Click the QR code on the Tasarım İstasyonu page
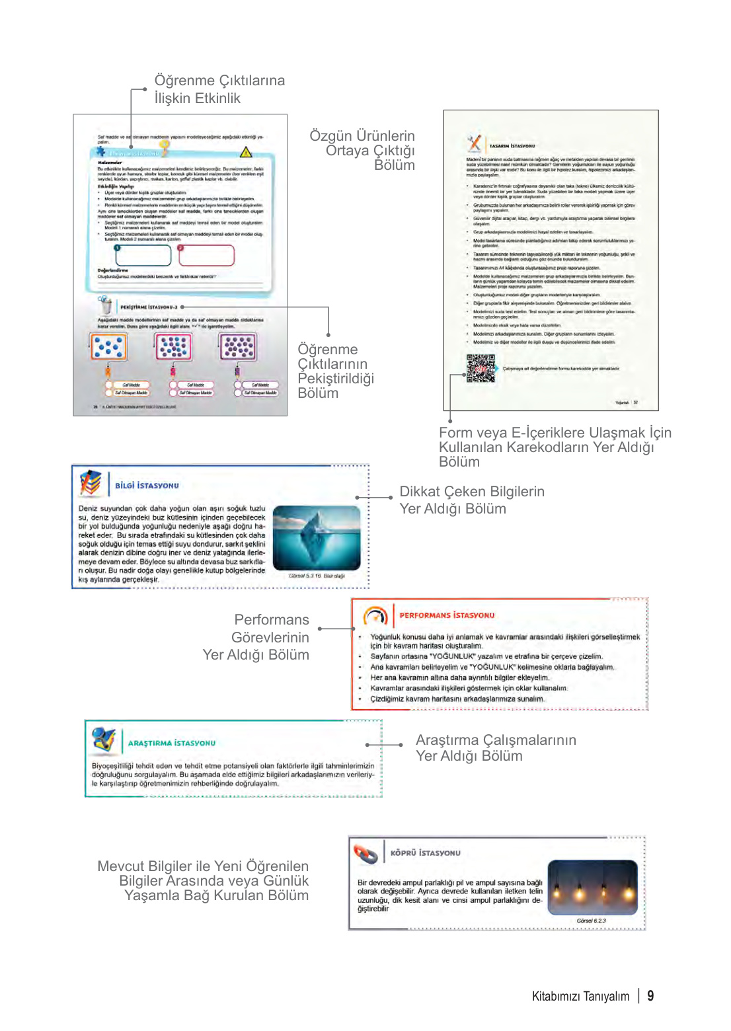point(481,368)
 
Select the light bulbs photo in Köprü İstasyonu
point(592,887)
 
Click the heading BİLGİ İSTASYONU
point(147,485)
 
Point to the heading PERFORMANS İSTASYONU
point(447,615)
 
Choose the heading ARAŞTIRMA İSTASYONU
point(171,743)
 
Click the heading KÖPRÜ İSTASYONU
point(425,853)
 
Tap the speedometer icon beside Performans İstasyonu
point(375,616)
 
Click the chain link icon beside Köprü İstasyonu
point(365,853)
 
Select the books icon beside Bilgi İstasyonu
point(91,482)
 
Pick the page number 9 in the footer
point(650,995)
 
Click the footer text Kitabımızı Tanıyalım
point(580,996)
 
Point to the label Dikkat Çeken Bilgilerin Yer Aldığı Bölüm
point(471,500)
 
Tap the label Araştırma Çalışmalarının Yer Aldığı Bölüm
point(495,747)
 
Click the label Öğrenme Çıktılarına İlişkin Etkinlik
point(219,89)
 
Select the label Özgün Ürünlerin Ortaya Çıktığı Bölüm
point(362,150)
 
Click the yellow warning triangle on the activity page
point(245,152)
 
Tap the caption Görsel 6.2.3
point(591,921)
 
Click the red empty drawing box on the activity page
point(206,255)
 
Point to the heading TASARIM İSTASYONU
point(512,145)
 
